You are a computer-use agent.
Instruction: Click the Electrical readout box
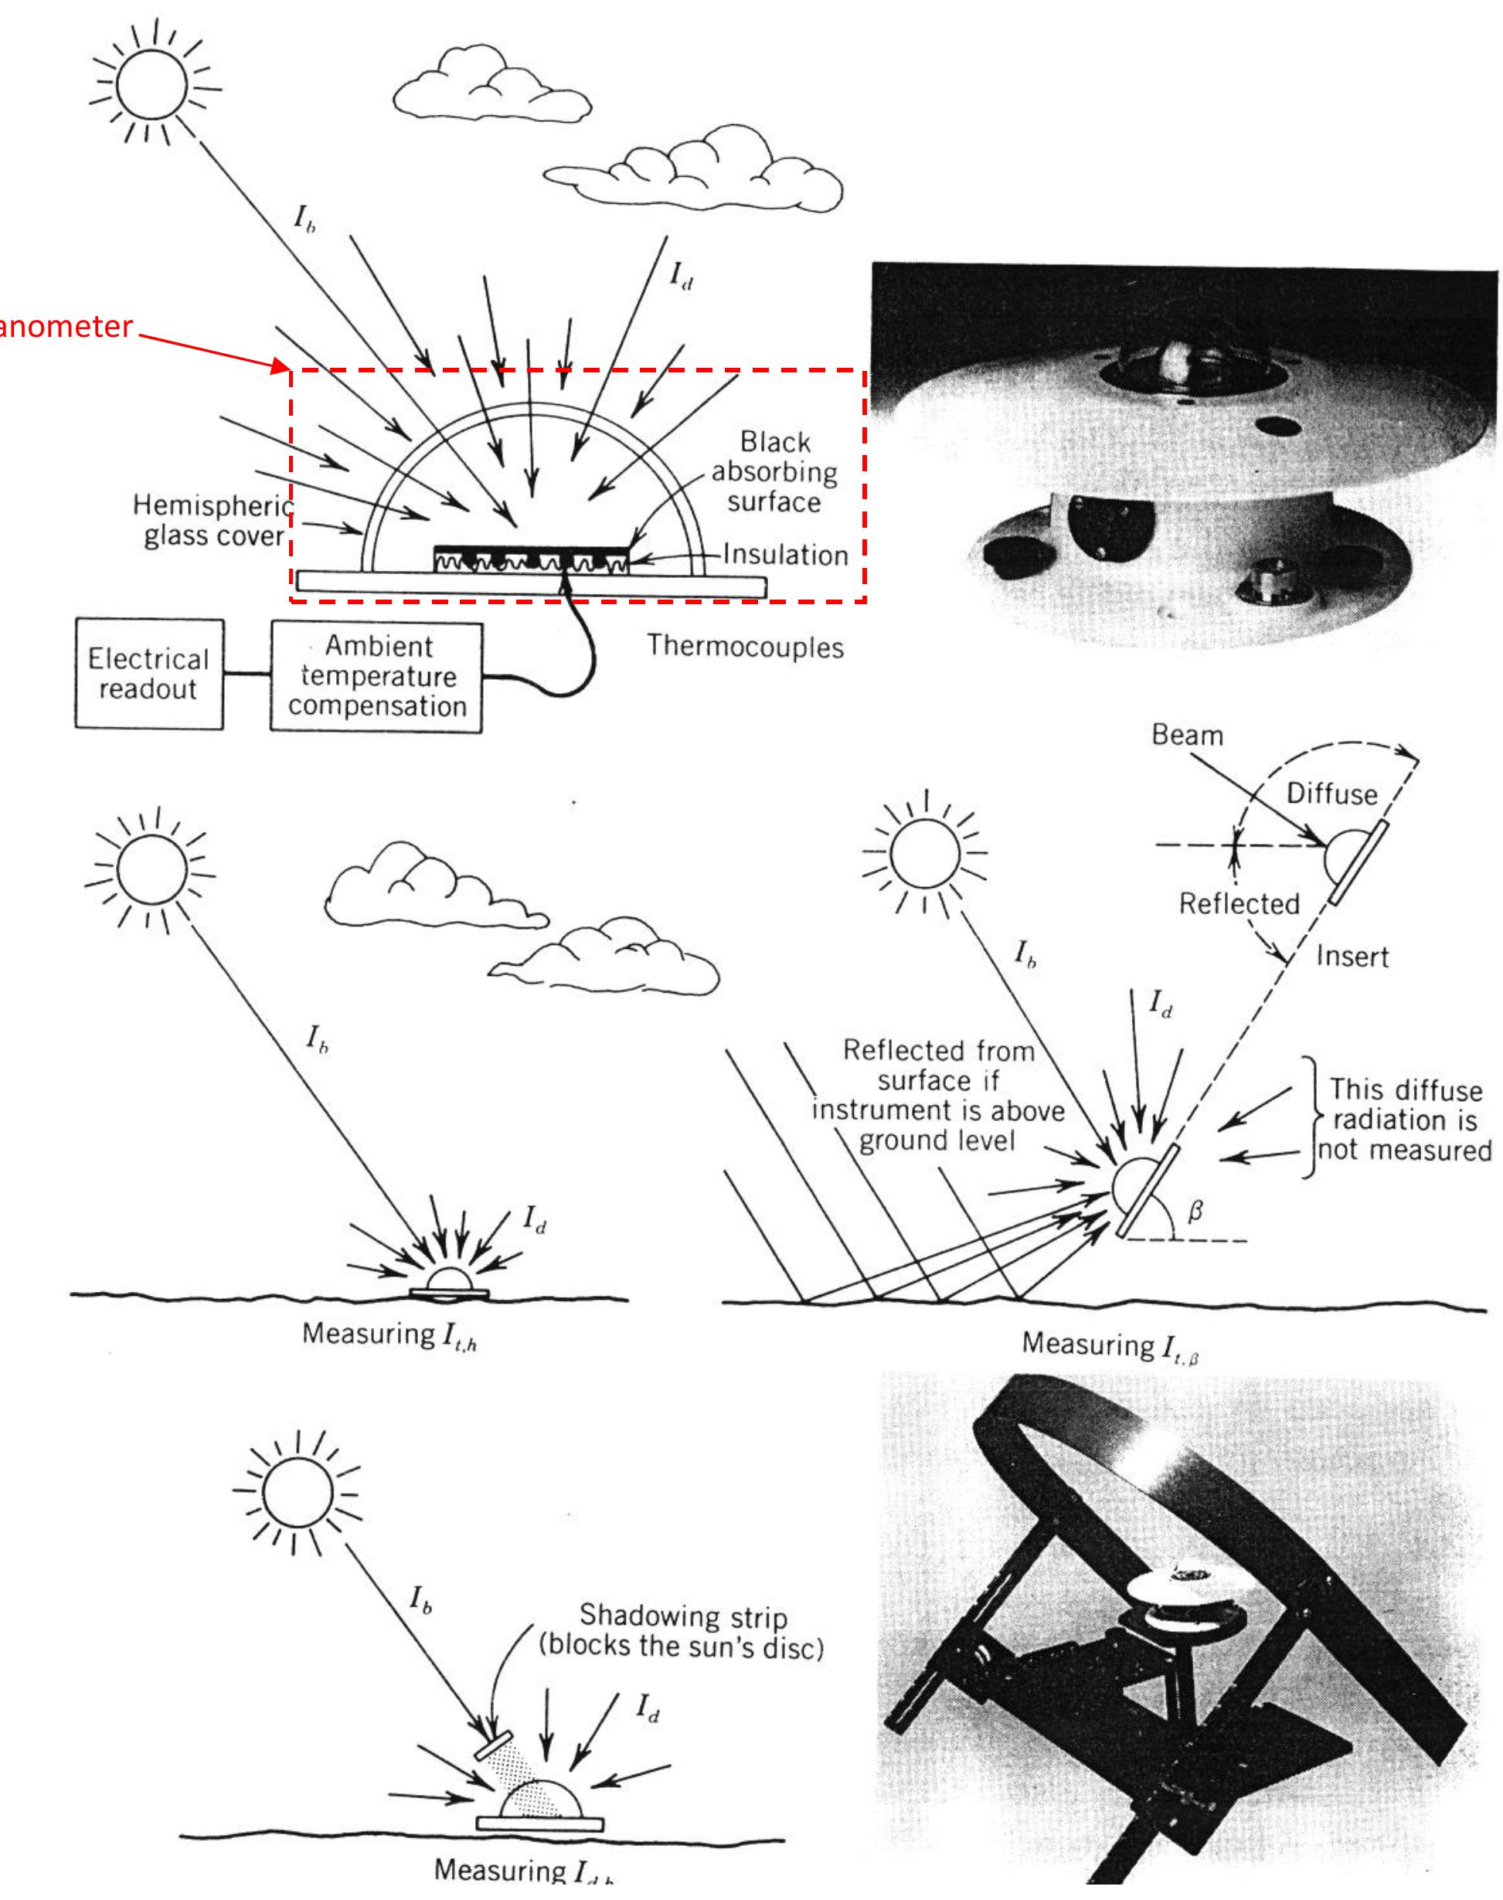[148, 674]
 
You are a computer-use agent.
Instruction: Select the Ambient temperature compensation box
[376, 676]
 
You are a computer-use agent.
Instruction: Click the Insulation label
[785, 555]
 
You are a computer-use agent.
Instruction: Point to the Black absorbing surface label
[774, 471]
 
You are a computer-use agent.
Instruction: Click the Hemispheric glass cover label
[212, 521]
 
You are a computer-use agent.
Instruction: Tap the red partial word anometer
[66, 327]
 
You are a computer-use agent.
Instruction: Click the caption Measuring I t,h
[389, 1334]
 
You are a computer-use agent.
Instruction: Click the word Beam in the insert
[1187, 735]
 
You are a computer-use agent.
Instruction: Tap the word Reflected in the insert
[1238, 903]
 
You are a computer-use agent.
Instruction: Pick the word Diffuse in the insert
[1331, 794]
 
